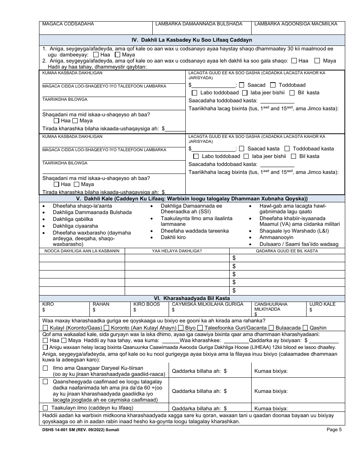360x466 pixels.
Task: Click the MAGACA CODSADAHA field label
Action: (x=68, y=24)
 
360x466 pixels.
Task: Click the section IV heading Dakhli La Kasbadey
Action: (x=192, y=40)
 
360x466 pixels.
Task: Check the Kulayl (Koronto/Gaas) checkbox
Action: (x=45, y=328)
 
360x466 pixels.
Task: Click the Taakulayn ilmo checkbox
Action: (x=45, y=408)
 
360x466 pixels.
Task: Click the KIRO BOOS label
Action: (x=147, y=304)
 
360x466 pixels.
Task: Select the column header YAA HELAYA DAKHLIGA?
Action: (x=177, y=251)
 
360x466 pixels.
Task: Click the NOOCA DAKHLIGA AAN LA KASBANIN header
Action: (x=82, y=251)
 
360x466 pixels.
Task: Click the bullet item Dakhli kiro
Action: (x=173, y=237)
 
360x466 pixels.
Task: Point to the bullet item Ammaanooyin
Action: (x=271, y=237)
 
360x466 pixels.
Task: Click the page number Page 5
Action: (x=334, y=430)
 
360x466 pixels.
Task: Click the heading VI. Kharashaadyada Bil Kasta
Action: (x=192, y=299)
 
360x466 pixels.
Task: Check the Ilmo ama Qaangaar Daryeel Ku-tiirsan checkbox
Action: (x=45, y=368)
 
